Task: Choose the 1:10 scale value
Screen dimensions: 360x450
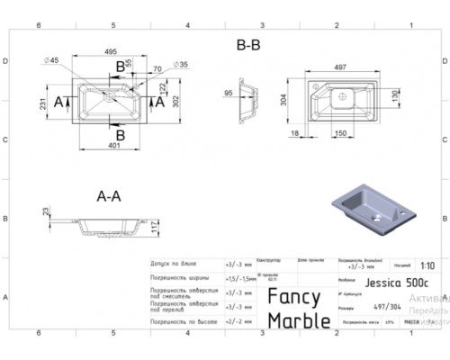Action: (x=427, y=265)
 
